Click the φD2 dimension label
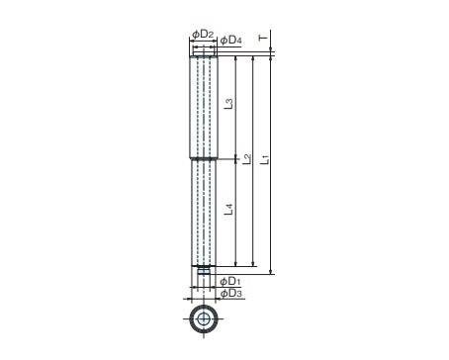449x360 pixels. pos(203,34)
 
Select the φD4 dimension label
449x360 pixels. pos(231,41)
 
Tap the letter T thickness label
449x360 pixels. pos(263,39)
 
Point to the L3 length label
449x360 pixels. pos(228,104)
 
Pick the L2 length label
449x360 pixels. pos(246,159)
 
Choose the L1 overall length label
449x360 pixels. pos(265,159)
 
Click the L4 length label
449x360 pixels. pos(228,210)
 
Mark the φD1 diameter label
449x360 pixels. pos(230,281)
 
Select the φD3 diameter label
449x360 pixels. pos(230,293)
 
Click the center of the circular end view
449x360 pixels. pos(204,319)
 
